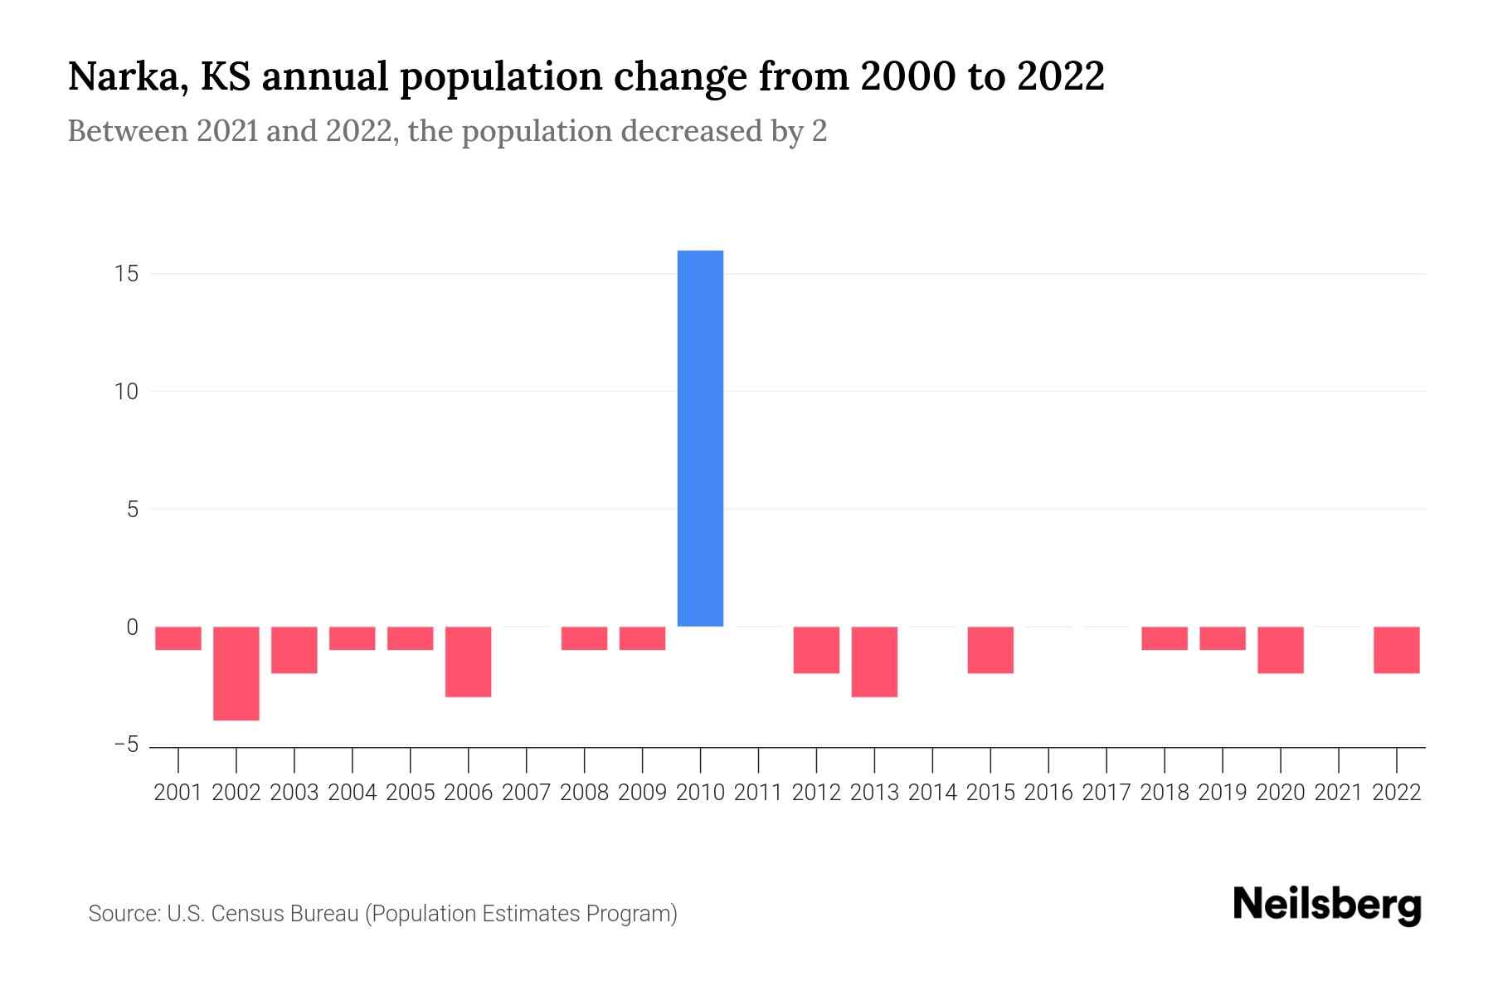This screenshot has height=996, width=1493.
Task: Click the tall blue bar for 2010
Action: pyautogui.click(x=700, y=438)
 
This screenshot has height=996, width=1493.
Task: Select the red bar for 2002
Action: pyautogui.click(x=236, y=673)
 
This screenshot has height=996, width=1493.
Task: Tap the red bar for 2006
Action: pyautogui.click(x=469, y=662)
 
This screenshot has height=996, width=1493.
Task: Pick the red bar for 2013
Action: pyautogui.click(x=874, y=662)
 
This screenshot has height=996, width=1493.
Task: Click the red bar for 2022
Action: pyautogui.click(x=1397, y=650)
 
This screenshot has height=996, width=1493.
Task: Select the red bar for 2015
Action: pyautogui.click(x=990, y=650)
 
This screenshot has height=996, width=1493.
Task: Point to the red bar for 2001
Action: pyautogui.click(x=178, y=638)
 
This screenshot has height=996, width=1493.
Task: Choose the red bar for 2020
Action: pyautogui.click(x=1281, y=650)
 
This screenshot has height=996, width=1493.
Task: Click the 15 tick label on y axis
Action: pyautogui.click(x=127, y=274)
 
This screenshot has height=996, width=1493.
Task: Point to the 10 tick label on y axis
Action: pyautogui.click(x=127, y=392)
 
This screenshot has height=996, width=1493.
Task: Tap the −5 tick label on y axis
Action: pyautogui.click(x=126, y=745)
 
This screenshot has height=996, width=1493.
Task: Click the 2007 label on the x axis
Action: pyautogui.click(x=527, y=793)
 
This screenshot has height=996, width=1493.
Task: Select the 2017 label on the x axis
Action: pyautogui.click(x=1106, y=793)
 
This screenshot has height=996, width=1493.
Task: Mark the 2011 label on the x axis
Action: pyautogui.click(x=758, y=793)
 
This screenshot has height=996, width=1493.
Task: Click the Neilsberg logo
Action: pyautogui.click(x=1327, y=906)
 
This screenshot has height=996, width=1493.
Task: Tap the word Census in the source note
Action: pyautogui.click(x=244, y=914)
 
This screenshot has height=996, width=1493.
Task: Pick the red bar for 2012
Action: pyautogui.click(x=816, y=650)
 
